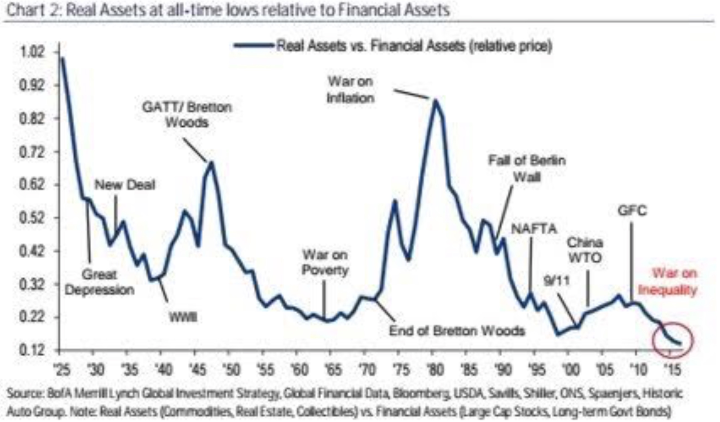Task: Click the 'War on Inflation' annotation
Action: coord(350,90)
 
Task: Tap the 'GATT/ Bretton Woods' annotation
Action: coord(187,115)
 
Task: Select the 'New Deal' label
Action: coord(125,185)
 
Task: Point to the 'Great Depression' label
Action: coord(100,282)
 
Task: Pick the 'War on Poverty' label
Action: coord(325,262)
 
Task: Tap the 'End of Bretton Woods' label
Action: coord(457,331)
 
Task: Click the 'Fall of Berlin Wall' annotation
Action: coord(527,168)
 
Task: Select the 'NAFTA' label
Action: coord(534,229)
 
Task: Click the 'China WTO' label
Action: coord(585,250)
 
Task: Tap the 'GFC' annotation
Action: coord(632,211)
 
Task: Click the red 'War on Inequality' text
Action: coord(668,282)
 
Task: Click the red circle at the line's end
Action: coord(672,340)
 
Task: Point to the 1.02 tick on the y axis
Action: coord(32,52)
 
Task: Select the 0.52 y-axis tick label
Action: coord(32,218)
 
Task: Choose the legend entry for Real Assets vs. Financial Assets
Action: coord(393,46)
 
